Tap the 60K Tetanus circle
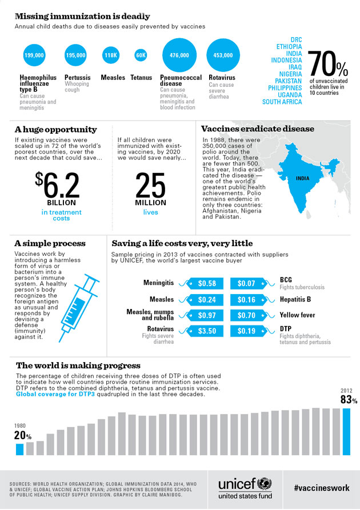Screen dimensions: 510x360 click(140, 55)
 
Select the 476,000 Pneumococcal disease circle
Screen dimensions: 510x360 click(179, 55)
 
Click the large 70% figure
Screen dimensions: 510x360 click(328, 63)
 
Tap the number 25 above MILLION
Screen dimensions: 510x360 click(150, 186)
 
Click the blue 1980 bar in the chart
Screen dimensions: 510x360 click(20, 449)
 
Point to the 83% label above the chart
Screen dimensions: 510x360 click(349, 400)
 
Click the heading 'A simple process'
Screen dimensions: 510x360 click(51, 243)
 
